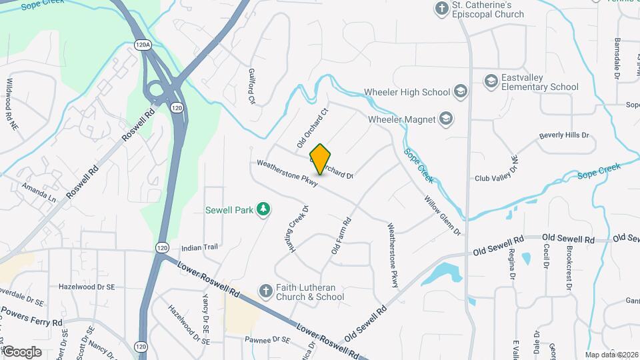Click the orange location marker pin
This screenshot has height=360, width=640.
321,159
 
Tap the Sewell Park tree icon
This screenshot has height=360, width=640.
265,209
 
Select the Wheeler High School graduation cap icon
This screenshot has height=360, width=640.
460,91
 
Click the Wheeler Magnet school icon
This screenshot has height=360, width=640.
446,119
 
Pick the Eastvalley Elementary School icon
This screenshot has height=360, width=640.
491,81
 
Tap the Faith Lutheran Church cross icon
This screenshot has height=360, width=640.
265,291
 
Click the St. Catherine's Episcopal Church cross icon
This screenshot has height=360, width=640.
441,9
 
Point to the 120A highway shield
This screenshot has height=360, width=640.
142,45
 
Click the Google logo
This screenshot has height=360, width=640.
21,351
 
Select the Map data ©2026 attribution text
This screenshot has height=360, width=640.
611,355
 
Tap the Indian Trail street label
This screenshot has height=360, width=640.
199,247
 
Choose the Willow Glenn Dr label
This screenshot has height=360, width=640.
442,215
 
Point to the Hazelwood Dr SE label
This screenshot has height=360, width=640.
87,286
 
